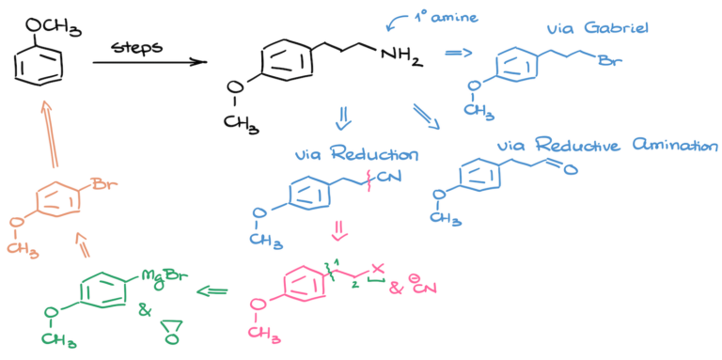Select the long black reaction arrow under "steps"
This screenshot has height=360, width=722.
pyautogui.click(x=149, y=63)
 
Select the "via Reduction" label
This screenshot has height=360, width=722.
pyautogui.click(x=355, y=153)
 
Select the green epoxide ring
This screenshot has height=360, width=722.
pyautogui.click(x=168, y=326)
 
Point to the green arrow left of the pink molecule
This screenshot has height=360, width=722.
pyautogui.click(x=210, y=291)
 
